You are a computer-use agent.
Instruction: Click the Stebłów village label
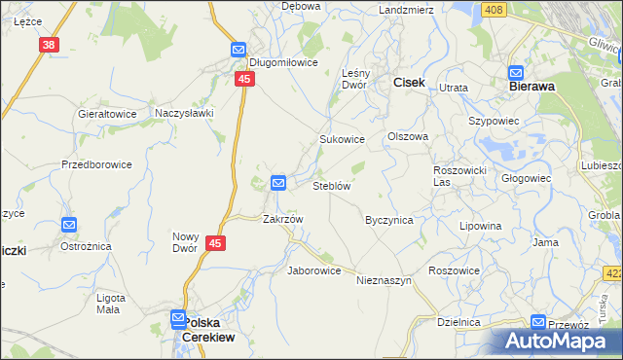(331, 186)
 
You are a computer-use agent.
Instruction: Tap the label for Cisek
(408, 84)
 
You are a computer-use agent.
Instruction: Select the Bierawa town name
(532, 86)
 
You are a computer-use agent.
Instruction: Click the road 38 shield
(50, 45)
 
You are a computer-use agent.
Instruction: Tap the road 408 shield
(495, 10)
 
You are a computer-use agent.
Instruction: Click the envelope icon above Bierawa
(516, 71)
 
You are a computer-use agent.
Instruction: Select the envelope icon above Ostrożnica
(69, 226)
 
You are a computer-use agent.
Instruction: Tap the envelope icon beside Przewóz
(539, 322)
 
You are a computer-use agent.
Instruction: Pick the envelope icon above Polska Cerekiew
(177, 317)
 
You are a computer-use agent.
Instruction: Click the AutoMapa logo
(560, 341)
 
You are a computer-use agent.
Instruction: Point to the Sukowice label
(343, 139)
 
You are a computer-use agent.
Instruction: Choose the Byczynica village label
(388, 221)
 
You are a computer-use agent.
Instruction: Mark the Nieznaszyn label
(385, 280)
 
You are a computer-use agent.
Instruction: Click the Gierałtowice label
(106, 113)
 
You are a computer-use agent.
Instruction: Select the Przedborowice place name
(96, 164)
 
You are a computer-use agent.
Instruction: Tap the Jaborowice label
(314, 270)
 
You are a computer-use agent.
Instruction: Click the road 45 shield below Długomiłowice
(244, 80)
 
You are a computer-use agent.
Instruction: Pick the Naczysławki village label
(184, 113)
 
